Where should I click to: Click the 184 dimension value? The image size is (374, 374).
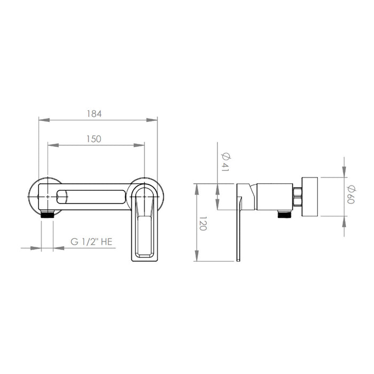click(x=94, y=114)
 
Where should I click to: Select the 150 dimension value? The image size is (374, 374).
click(x=93, y=139)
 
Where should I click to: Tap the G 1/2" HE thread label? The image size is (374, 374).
click(x=91, y=241)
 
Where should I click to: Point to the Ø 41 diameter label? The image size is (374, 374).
click(x=225, y=162)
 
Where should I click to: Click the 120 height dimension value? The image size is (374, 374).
click(x=202, y=223)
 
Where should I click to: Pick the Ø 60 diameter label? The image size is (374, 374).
click(x=351, y=194)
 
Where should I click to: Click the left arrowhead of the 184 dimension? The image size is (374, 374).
click(x=44, y=120)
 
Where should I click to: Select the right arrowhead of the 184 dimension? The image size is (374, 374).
click(x=152, y=120)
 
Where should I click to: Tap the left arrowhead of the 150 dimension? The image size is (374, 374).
click(x=53, y=145)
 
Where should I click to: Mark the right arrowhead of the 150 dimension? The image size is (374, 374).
click(x=139, y=145)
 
